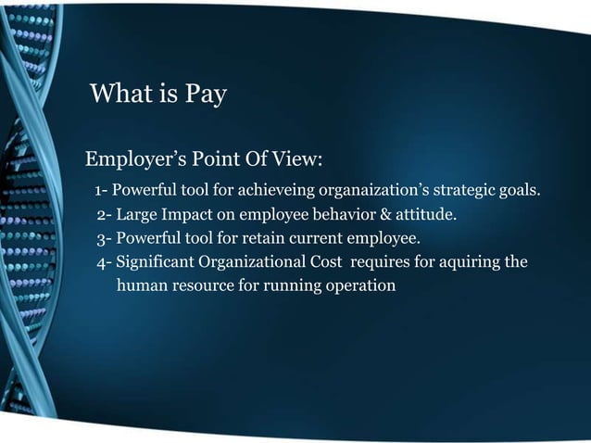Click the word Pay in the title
tap(202, 95)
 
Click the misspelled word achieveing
tap(277, 193)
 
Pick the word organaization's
tap(382, 193)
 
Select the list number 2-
tap(104, 217)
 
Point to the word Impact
tap(190, 217)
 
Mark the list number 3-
tap(104, 240)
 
